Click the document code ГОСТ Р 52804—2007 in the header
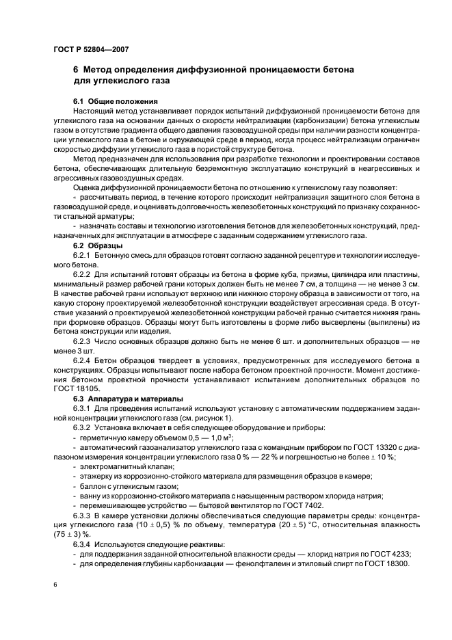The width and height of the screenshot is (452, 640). (90, 49)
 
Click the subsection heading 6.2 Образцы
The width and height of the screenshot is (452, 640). (98, 245)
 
